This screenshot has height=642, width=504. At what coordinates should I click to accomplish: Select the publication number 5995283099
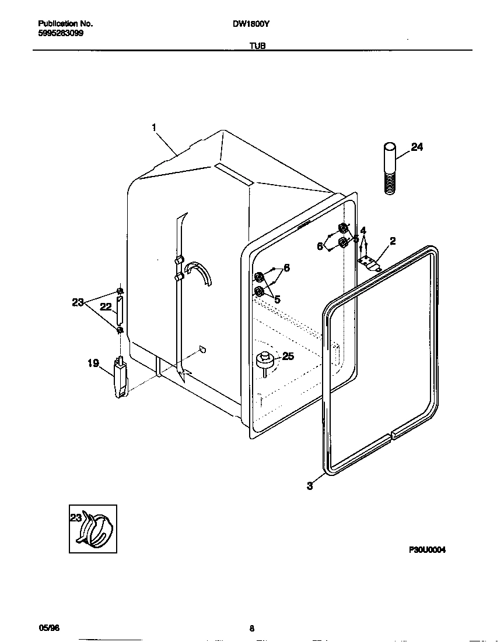point(60,34)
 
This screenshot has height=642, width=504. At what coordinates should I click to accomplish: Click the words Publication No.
point(65,24)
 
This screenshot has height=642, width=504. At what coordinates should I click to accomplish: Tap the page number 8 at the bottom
point(252,628)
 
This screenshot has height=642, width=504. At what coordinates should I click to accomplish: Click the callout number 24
point(416,147)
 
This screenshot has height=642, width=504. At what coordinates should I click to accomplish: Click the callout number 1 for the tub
point(155,126)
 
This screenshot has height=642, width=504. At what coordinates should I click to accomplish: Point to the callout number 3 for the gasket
point(309,486)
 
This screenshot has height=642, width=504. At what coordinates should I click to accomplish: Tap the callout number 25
point(288,357)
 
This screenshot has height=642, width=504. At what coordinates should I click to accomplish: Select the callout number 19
point(93,364)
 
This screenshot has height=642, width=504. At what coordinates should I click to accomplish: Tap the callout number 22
point(106,306)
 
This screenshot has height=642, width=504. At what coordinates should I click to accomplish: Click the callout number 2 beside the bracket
point(393,241)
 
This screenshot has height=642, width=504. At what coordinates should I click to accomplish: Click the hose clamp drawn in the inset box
point(96,528)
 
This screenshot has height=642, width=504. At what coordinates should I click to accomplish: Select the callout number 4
point(363,230)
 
